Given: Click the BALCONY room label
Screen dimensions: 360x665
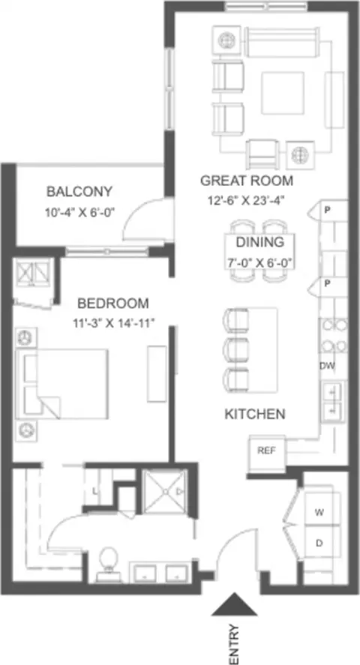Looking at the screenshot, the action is (x=79, y=191).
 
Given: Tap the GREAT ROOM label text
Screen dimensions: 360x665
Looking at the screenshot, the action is (x=246, y=181).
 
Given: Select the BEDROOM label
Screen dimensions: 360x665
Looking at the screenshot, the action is (x=113, y=303).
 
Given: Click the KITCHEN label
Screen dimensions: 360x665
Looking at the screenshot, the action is (x=254, y=414).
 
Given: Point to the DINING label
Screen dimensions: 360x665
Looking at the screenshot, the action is (x=260, y=242).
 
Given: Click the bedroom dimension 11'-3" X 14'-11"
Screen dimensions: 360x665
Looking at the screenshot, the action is (x=112, y=324).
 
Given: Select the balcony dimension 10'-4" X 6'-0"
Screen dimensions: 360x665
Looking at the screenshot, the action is (x=80, y=211).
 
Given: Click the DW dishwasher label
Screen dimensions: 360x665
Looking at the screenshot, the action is (x=327, y=365).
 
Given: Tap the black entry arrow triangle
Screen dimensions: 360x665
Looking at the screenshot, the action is (x=235, y=605).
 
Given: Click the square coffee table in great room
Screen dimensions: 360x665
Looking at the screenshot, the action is (x=283, y=93).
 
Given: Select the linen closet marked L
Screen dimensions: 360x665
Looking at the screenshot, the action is (x=95, y=492).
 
